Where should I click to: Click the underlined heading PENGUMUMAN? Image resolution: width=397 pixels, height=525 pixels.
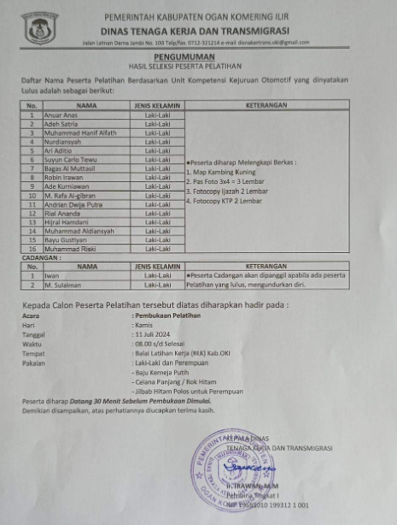[x=184, y=57]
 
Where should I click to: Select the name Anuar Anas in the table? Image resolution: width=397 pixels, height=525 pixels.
[x=61, y=115]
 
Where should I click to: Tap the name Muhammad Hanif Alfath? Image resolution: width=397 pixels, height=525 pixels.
[x=80, y=133]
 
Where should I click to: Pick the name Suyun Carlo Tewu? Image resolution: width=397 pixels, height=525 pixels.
[x=70, y=160]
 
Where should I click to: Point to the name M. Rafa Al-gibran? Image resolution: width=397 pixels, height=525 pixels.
[x=70, y=196]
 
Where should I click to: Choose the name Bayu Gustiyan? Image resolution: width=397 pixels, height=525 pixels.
[x=66, y=240]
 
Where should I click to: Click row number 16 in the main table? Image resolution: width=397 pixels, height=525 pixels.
[x=32, y=249]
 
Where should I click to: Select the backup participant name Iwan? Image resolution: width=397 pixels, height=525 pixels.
[x=52, y=276]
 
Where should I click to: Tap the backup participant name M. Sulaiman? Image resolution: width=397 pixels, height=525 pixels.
[x=63, y=285]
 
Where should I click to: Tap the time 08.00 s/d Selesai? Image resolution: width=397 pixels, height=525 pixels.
[x=160, y=344]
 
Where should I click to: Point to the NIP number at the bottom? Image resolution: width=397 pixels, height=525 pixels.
[x=267, y=505]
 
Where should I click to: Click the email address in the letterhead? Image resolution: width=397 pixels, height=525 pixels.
[x=273, y=42]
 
